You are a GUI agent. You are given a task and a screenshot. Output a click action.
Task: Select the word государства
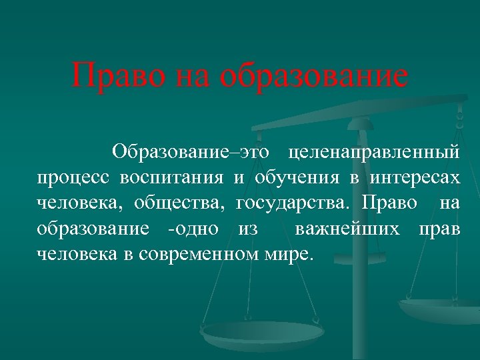click(293, 202)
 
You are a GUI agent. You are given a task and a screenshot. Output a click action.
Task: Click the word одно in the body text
click(195, 229)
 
